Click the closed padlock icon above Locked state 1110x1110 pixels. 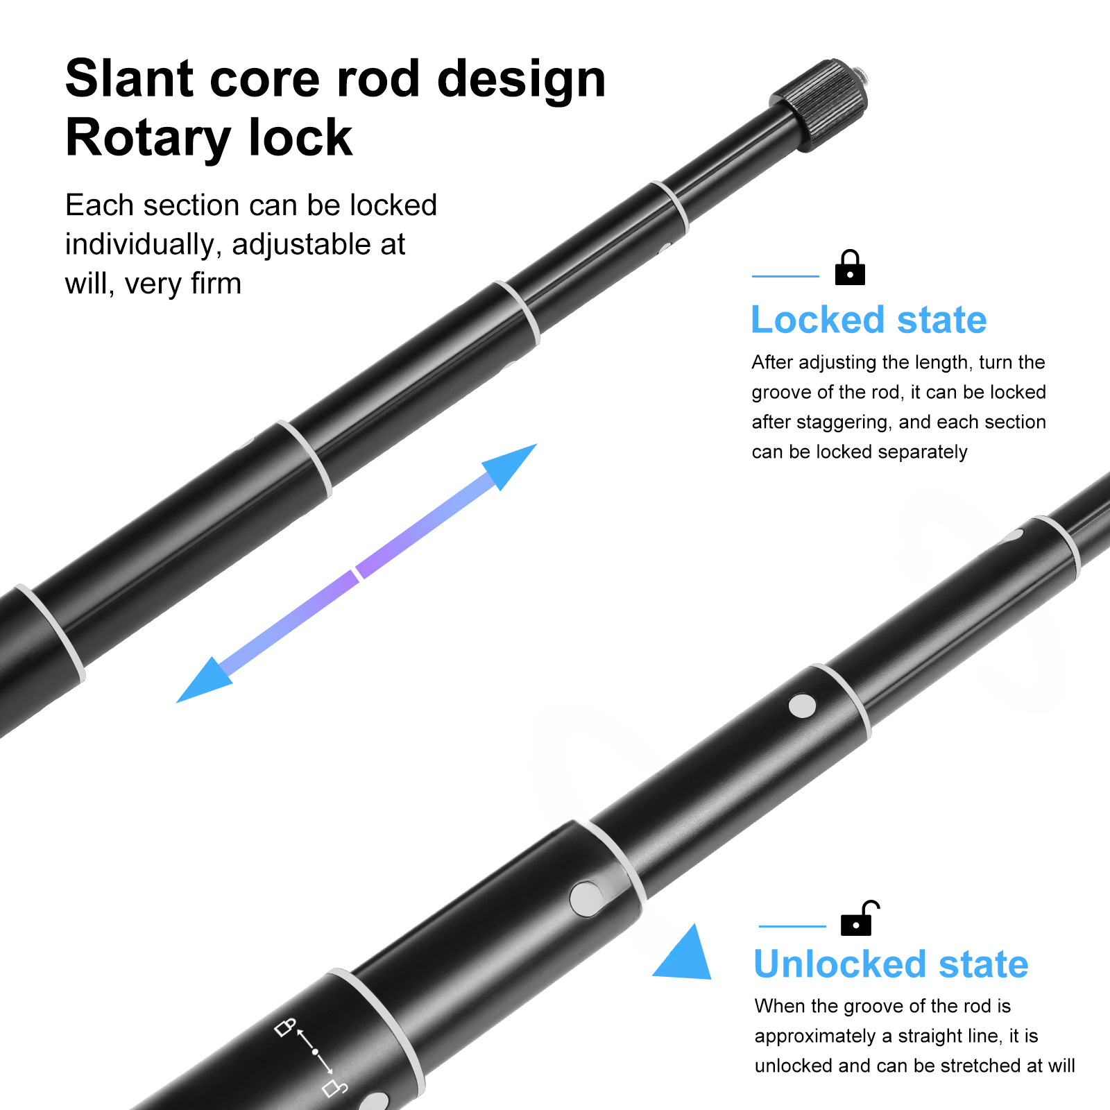point(850,268)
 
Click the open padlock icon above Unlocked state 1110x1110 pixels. point(860,919)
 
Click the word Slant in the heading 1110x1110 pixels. point(128,78)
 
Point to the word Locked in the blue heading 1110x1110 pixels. point(818,320)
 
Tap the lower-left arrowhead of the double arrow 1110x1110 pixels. point(202,681)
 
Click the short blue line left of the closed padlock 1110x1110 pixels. point(785,276)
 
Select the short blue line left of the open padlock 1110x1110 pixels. point(792,926)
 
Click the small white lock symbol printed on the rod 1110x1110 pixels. point(285,1027)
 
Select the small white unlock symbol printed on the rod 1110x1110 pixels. point(335,1087)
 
